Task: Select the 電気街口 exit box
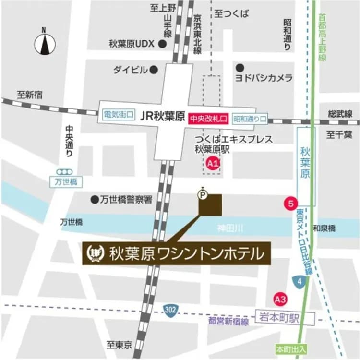coord(118,115)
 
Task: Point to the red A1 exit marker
coord(212,164)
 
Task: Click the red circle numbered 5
coord(290,203)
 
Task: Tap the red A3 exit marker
coord(280,300)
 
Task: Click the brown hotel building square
coord(211,204)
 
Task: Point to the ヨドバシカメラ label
coord(264,77)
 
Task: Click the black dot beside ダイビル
coord(154,70)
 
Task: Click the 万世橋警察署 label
coord(126,199)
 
